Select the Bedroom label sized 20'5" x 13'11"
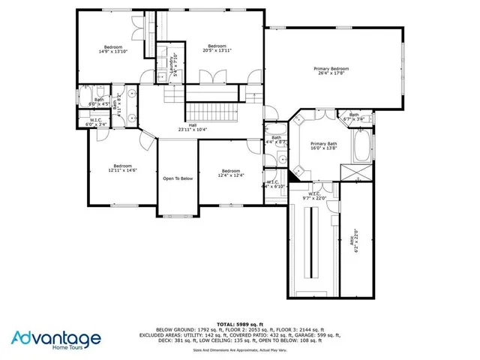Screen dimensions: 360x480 [217, 48]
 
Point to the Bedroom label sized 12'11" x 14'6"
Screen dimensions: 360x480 [122, 168]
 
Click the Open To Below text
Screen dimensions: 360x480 [178, 178]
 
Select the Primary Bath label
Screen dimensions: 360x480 [324, 145]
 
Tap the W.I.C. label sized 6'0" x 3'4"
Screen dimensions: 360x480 [96, 121]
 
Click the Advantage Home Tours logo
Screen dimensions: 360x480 [56, 340]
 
